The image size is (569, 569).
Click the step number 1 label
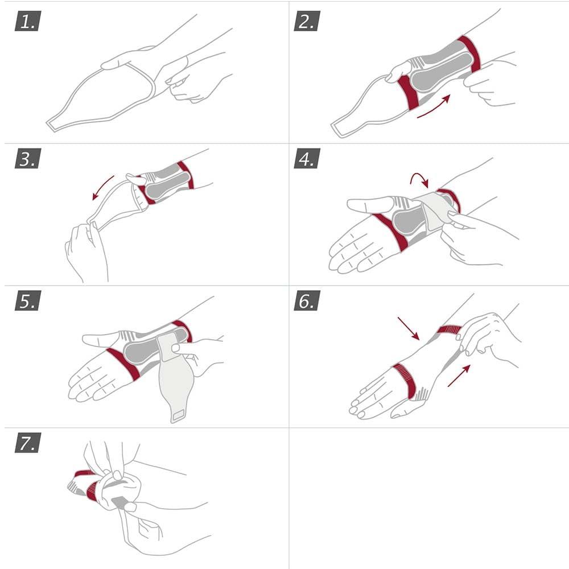tap(27, 22)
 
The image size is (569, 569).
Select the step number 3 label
tap(27, 160)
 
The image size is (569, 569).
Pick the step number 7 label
tap(27, 443)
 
